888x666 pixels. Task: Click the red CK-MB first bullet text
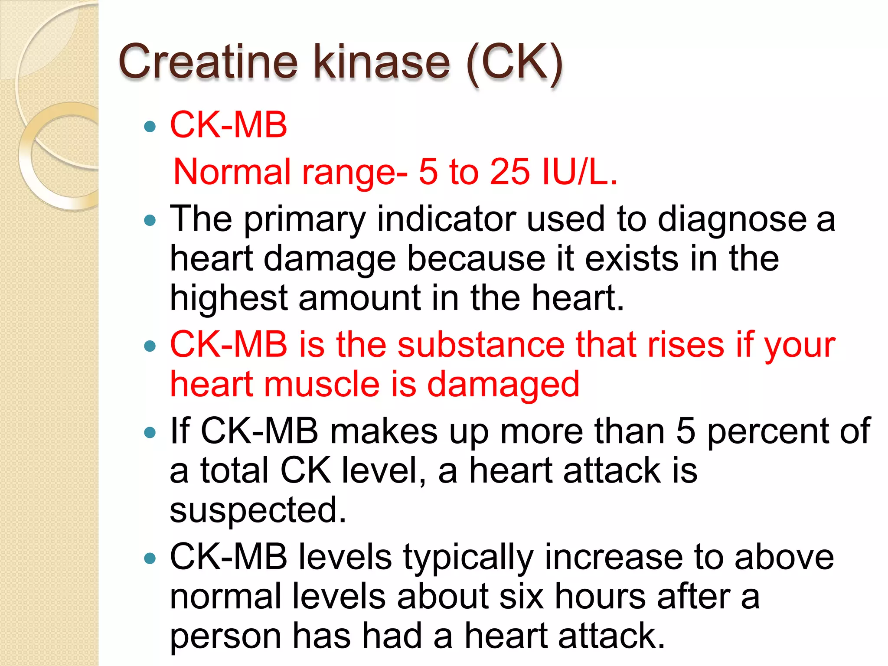click(229, 125)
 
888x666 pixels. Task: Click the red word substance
click(481, 345)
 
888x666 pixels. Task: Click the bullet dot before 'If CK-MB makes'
click(150, 432)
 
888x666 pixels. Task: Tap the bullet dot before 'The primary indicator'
click(150, 220)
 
